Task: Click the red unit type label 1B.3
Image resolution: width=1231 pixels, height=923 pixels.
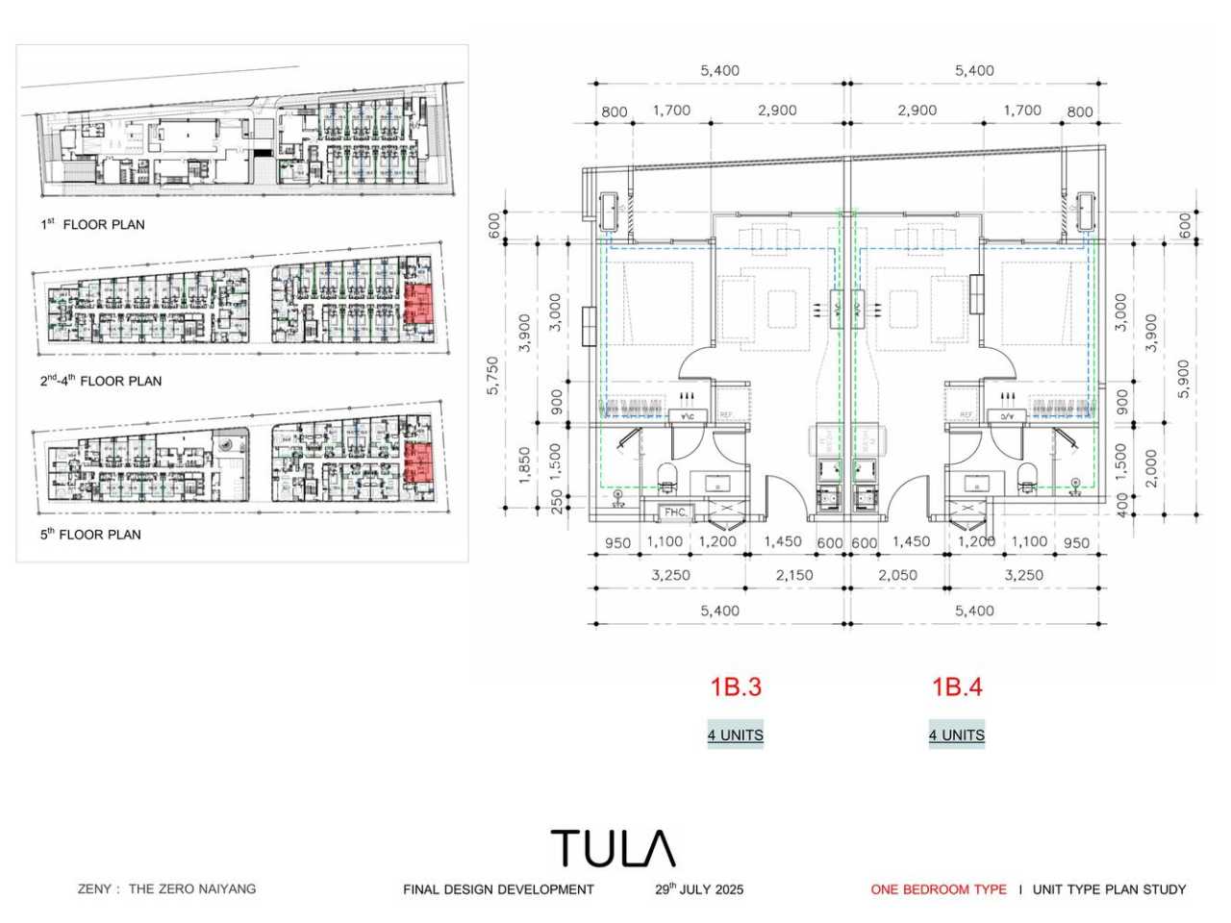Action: [736, 686]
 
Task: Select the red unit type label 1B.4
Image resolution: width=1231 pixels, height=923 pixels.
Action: [957, 686]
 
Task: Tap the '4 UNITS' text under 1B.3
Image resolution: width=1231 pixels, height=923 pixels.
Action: [736, 735]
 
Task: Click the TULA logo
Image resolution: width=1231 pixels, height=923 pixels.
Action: [613, 849]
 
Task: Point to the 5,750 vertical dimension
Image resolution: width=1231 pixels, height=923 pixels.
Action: [493, 375]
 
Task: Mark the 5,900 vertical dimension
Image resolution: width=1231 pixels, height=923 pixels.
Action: [1184, 377]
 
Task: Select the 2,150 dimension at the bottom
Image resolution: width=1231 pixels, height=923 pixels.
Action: [794, 575]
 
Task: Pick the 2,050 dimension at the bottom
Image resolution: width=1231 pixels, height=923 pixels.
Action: [897, 575]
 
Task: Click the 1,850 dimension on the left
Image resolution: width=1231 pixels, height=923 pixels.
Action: [524, 465]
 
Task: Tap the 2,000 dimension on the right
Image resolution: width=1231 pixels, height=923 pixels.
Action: [1152, 468]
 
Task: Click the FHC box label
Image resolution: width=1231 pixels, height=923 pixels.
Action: [675, 511]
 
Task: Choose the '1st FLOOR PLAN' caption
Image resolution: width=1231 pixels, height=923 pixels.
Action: [92, 224]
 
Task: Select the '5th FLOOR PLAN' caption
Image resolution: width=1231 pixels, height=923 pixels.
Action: [90, 534]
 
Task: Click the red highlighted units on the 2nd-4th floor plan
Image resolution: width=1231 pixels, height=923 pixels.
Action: [420, 303]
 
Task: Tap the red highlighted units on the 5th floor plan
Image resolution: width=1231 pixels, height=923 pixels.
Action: [418, 462]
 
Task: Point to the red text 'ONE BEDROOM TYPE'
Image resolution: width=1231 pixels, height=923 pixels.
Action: [939, 889]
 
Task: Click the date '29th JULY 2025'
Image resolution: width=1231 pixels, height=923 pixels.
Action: [699, 889]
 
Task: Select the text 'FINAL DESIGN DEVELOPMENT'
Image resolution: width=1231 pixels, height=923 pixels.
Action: [498, 889]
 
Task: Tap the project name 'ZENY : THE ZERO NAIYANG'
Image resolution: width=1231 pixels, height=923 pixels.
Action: [167, 888]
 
